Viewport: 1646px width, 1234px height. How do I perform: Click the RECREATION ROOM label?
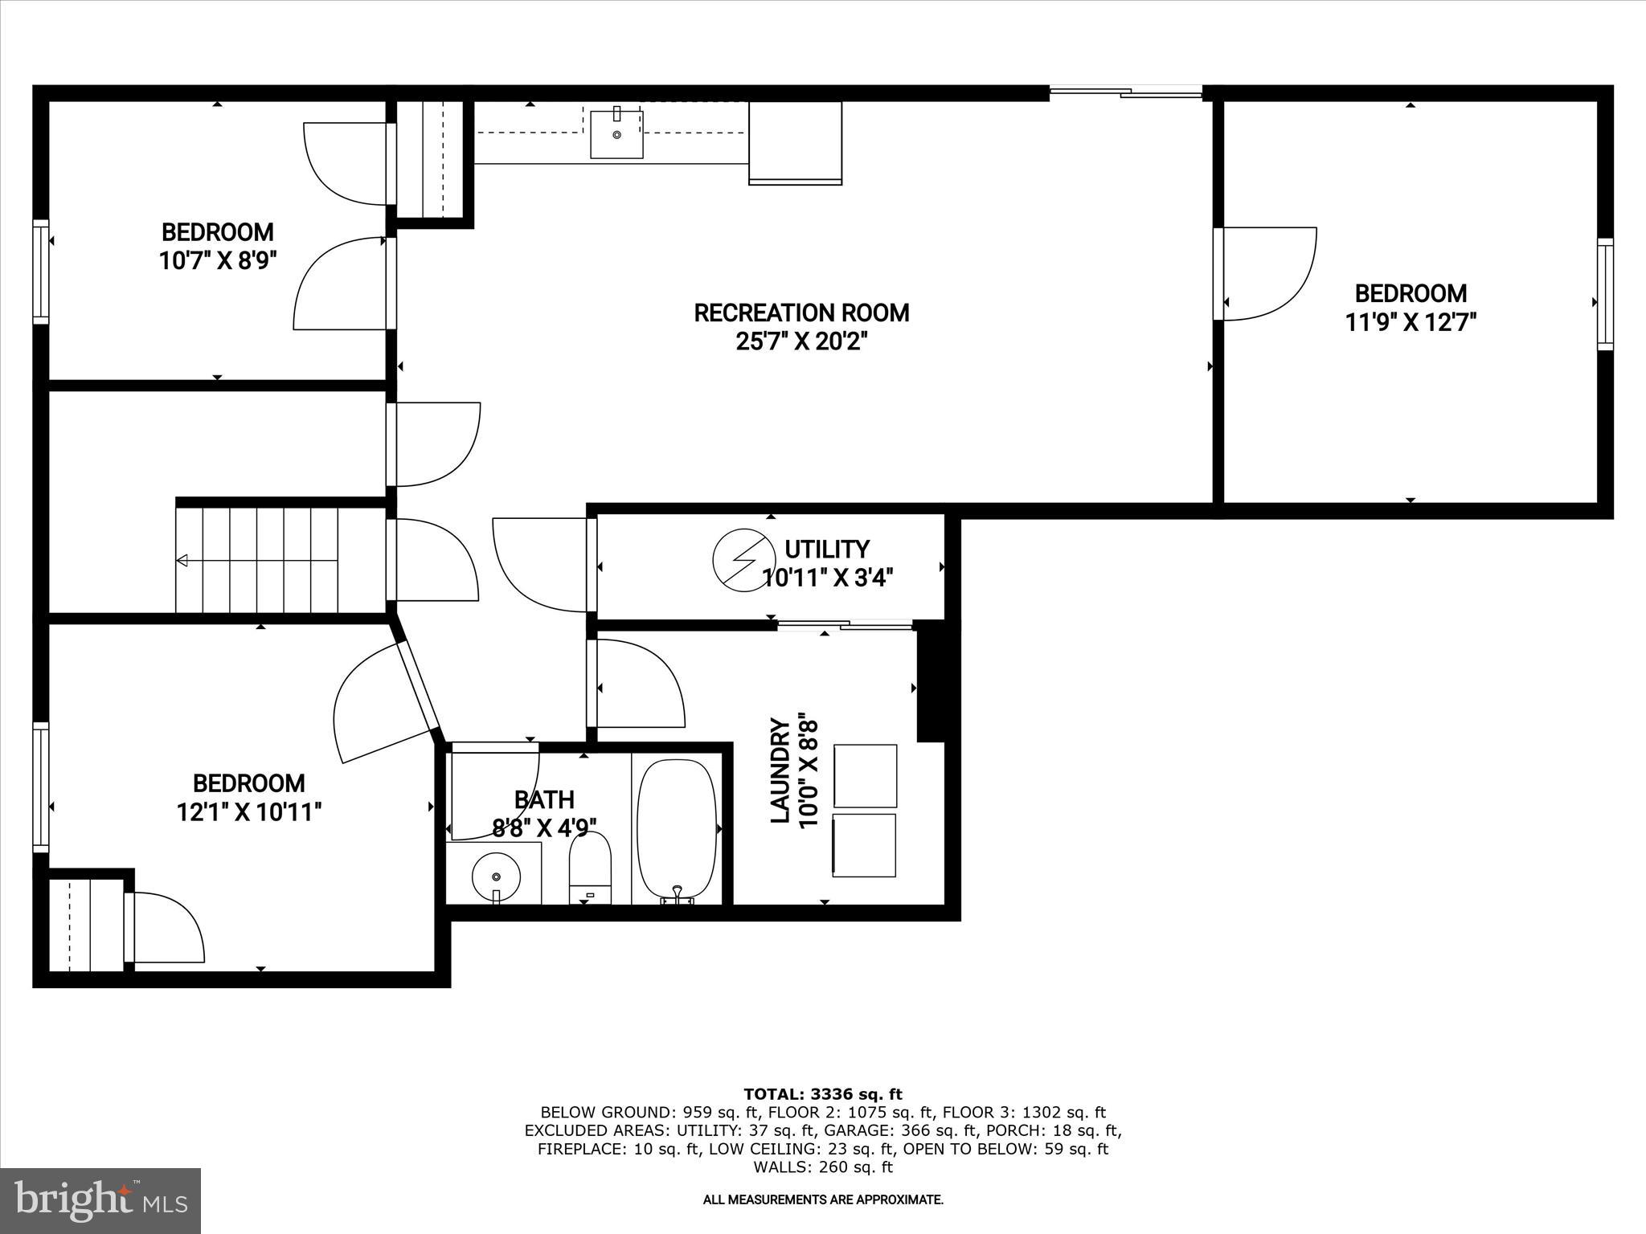tap(801, 313)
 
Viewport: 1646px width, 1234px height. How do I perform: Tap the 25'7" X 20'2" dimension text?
tap(801, 342)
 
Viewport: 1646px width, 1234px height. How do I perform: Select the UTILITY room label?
tap(826, 550)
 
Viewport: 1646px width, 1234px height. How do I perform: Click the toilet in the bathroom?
tap(590, 866)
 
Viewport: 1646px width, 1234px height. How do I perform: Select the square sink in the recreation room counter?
tap(616, 134)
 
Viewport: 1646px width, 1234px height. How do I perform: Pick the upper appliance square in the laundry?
tap(865, 775)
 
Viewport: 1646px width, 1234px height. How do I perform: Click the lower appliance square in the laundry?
tap(865, 845)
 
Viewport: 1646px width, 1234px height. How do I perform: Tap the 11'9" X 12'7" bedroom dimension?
tap(1411, 322)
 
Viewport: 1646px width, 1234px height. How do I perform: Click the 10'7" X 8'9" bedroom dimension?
tap(217, 261)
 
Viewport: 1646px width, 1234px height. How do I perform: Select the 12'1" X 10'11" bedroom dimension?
tap(249, 812)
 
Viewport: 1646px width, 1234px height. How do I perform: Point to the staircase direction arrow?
tap(183, 560)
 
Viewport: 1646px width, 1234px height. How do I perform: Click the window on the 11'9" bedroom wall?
tap(1604, 294)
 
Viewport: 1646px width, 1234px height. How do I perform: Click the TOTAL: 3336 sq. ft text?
tap(823, 1094)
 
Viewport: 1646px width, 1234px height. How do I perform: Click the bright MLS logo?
tap(100, 1200)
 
